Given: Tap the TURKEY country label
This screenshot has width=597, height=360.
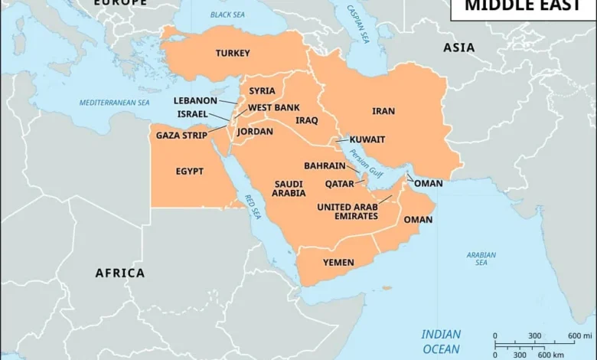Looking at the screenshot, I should pos(233,53).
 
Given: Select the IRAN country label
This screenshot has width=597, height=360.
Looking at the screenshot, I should pos(383,111).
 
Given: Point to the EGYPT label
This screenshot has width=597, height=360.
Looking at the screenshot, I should pos(190,172).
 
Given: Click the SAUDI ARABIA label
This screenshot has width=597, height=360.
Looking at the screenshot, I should pos(289,188).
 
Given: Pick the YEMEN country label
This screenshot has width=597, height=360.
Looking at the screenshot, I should pos(338,263).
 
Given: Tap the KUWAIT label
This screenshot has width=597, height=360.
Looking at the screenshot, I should pos(367,139).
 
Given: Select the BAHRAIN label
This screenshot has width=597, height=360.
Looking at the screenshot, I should pos(325,165).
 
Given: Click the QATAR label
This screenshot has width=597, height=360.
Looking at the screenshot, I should pos(339,184).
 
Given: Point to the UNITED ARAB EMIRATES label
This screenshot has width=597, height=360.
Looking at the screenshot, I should pos(347,211).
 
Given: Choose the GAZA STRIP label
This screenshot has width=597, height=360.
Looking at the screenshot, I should pos(181,136).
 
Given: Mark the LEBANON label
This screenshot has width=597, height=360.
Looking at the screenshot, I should pos(195,100).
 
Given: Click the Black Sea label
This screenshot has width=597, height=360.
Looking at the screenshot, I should pos(229,15).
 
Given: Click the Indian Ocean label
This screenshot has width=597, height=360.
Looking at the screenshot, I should pos(442,341).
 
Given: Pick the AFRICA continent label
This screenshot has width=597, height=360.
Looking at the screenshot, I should pos(120,273).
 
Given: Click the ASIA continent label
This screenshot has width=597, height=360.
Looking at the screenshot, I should pos(459,47).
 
